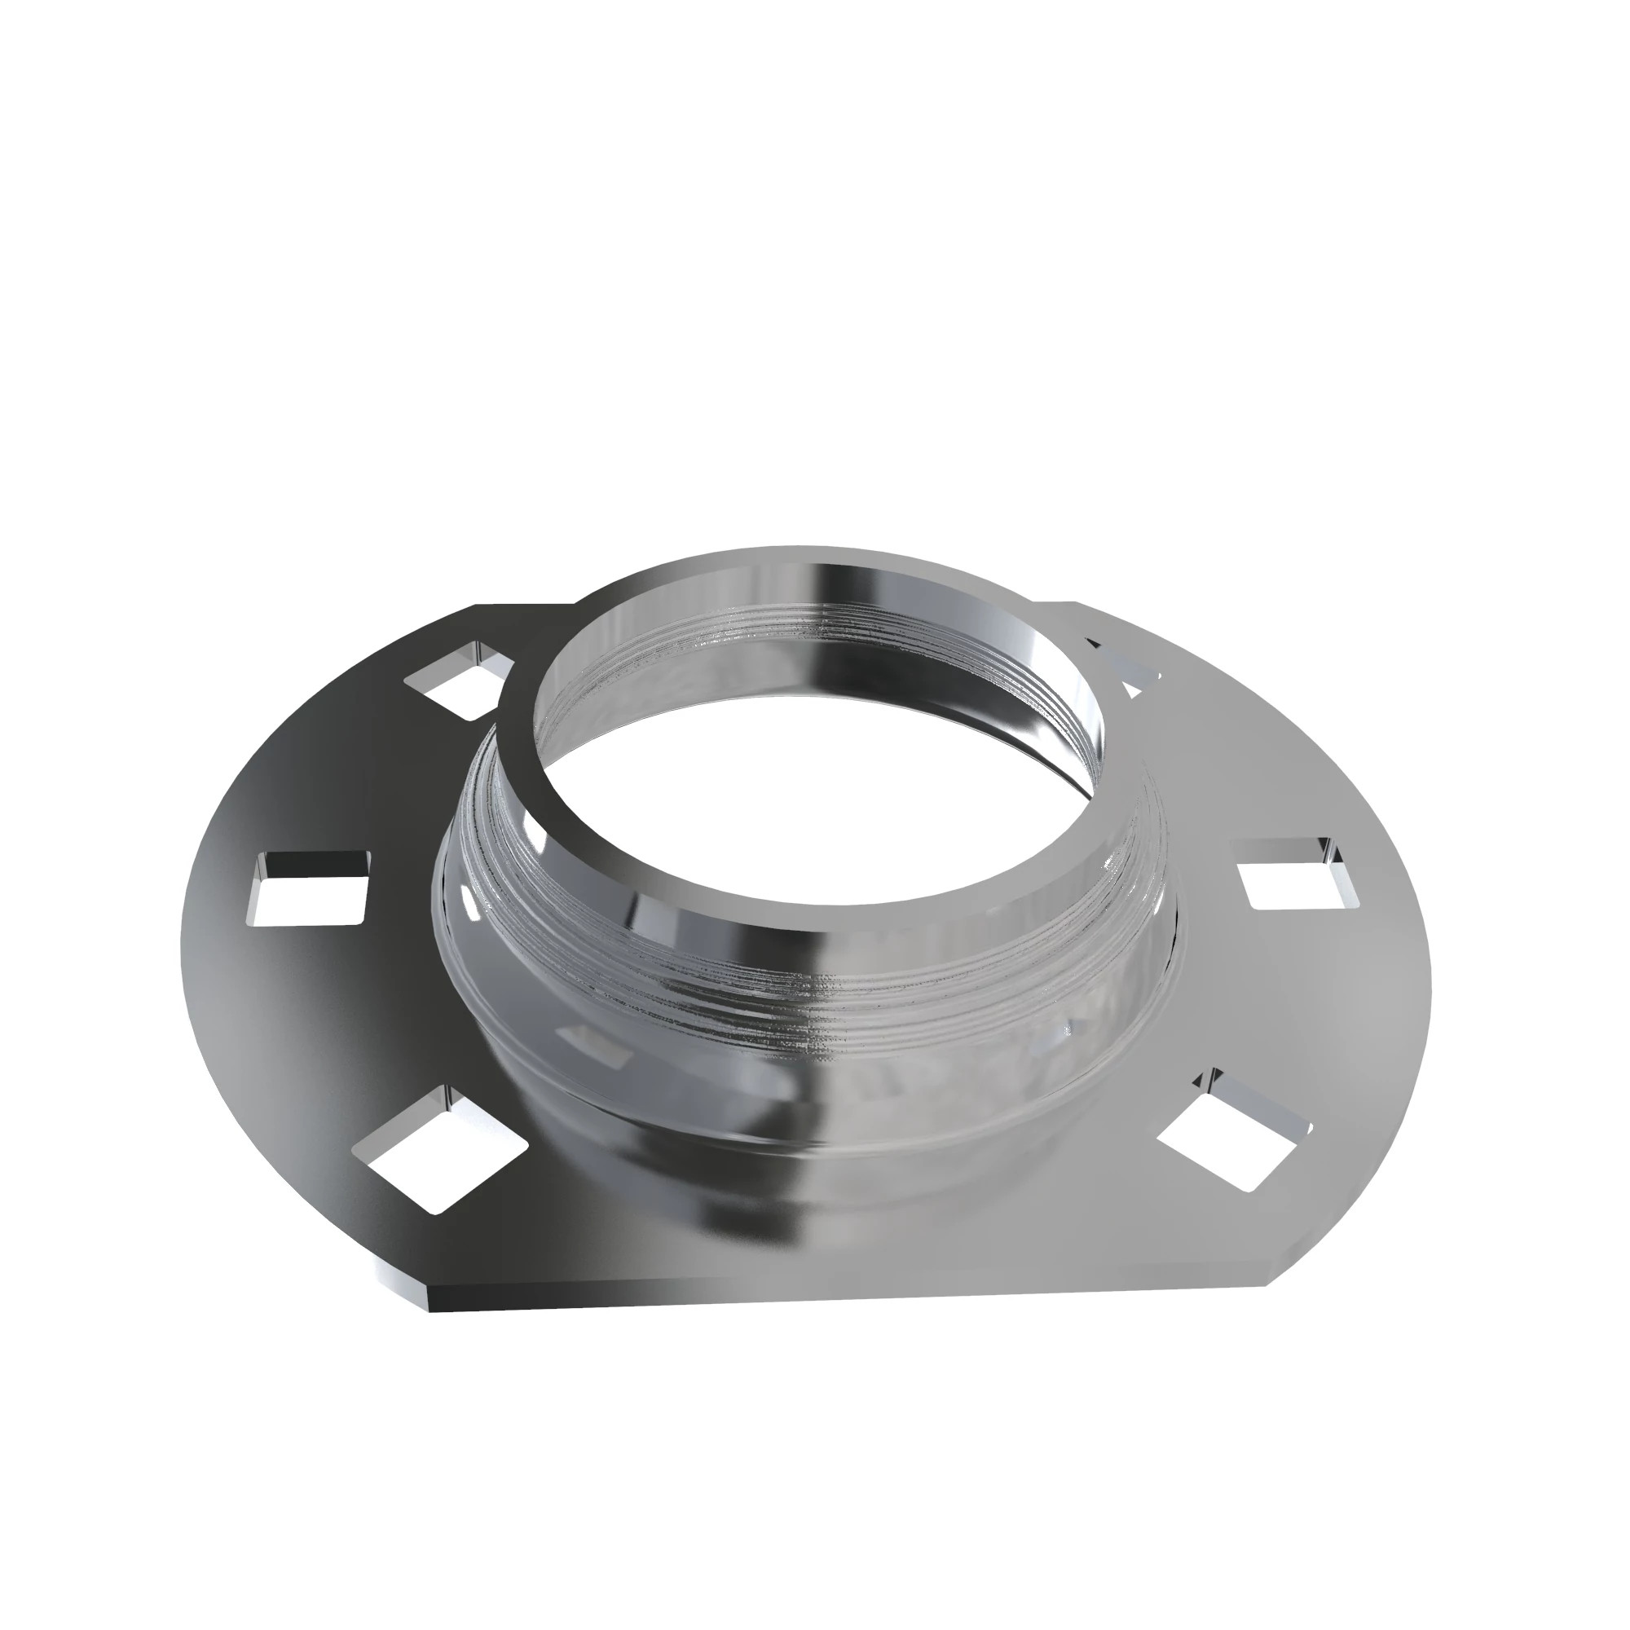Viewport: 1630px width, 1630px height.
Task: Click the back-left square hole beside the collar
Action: click(460, 680)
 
